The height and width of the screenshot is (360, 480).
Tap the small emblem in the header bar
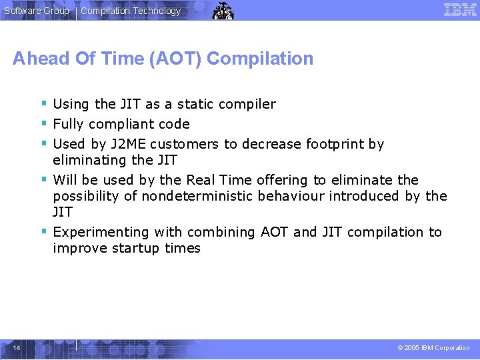pos(223,11)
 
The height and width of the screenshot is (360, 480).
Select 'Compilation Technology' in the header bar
pos(131,11)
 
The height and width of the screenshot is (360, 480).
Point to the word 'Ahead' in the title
pos(41,59)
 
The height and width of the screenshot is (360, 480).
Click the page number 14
pos(16,347)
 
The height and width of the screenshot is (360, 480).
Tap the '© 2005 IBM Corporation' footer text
pos(433,348)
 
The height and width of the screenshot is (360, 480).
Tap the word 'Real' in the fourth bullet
pos(201,180)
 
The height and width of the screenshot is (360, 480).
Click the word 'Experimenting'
pos(101,232)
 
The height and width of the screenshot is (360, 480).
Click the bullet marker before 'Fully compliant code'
pos(43,123)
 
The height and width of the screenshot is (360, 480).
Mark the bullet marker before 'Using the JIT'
pos(43,103)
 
